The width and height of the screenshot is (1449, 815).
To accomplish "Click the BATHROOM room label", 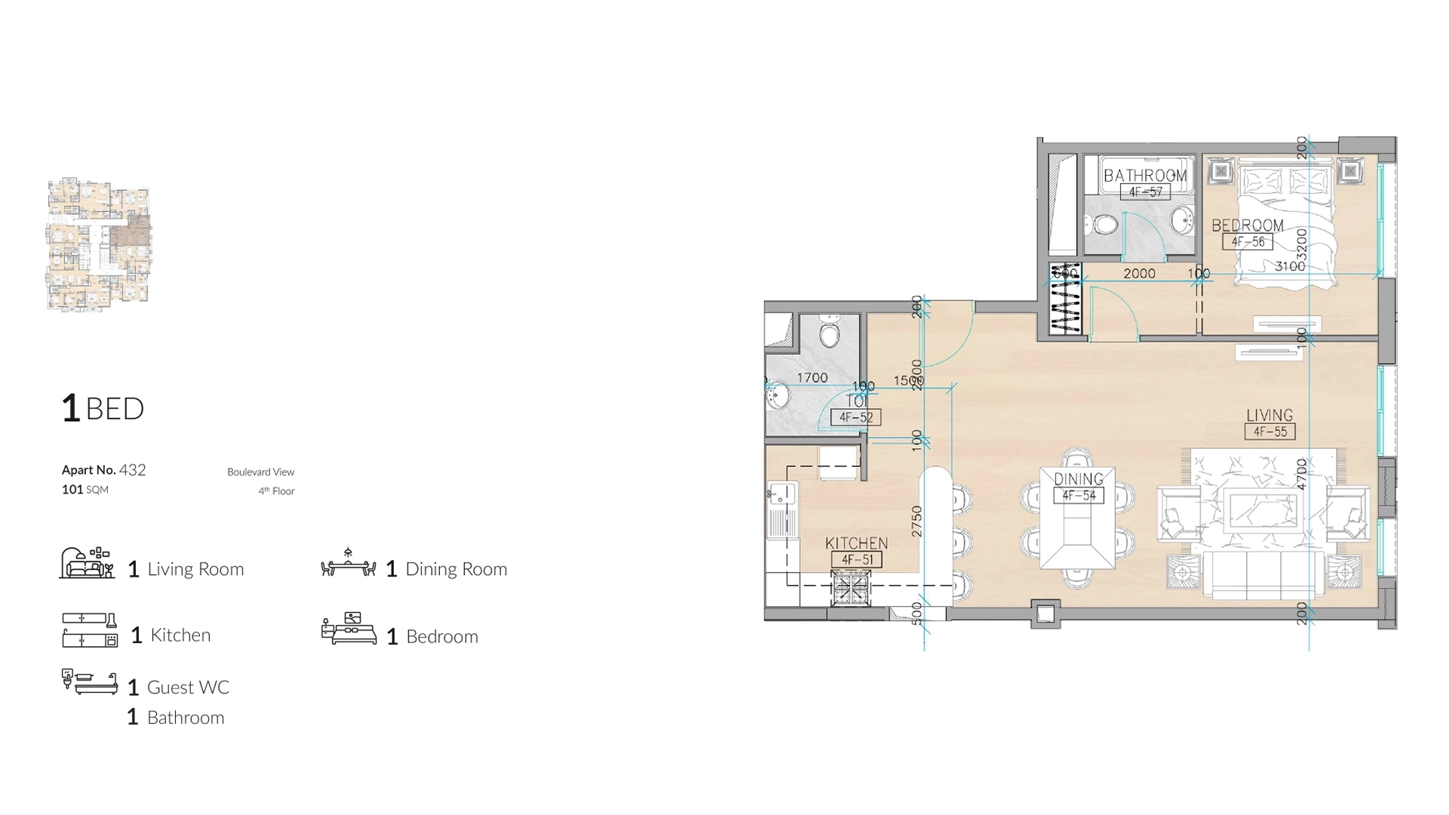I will [1145, 175].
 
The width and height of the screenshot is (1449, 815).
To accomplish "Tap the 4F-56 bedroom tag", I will [1247, 242].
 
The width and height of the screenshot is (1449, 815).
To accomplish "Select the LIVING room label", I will [1269, 415].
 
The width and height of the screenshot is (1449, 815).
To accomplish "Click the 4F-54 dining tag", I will [1078, 496].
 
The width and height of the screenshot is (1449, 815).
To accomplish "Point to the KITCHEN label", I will [856, 543].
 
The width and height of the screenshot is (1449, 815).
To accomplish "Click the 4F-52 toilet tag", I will [856, 417].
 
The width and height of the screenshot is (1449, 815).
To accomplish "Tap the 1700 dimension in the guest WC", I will [812, 377].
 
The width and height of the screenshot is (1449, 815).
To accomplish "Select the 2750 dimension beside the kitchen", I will [917, 521].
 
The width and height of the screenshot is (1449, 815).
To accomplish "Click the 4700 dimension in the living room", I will [1301, 474].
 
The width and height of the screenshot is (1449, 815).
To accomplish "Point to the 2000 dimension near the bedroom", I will [1139, 273].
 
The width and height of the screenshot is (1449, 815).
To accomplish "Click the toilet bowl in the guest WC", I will [829, 334].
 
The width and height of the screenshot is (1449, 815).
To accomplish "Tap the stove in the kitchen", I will [851, 588].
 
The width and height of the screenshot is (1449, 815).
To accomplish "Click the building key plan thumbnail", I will [99, 244].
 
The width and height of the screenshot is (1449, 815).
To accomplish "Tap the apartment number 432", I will [132, 470].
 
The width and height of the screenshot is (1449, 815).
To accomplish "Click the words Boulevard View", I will [260, 472].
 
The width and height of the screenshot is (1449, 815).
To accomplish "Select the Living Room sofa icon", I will [87, 564].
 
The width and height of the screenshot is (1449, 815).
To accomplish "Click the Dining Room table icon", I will [348, 564].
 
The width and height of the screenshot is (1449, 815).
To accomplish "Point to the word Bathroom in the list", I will [185, 718].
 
